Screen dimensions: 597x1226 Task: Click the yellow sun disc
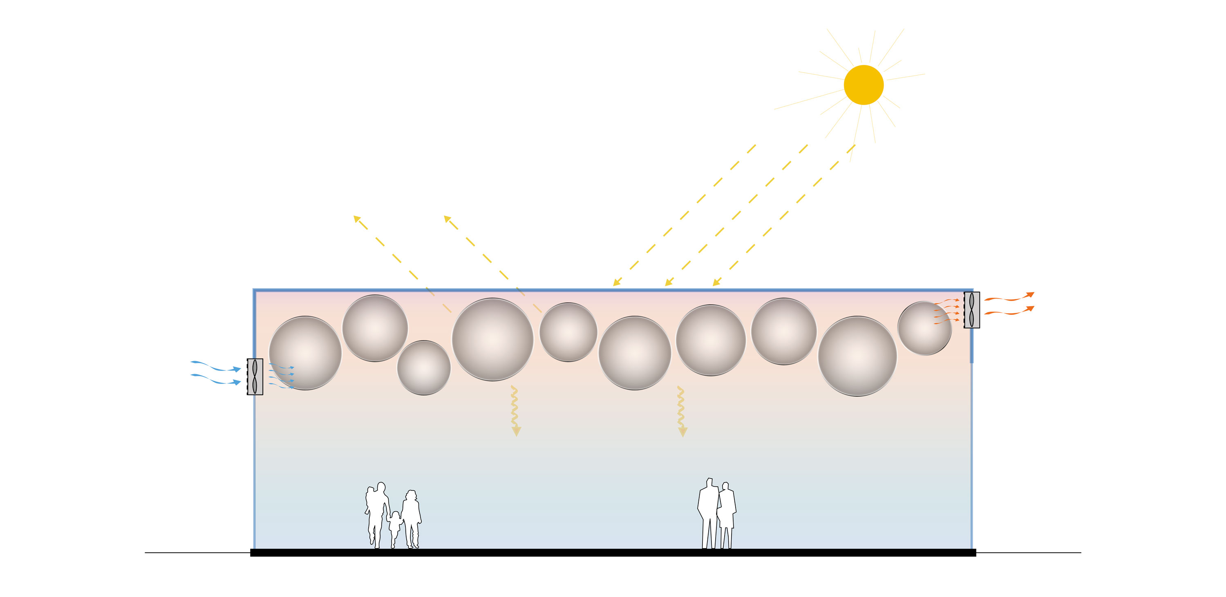pos(864,85)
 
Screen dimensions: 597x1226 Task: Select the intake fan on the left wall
pos(255,376)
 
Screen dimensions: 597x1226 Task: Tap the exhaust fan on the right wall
pos(971,310)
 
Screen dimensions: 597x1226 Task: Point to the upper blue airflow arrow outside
pos(217,366)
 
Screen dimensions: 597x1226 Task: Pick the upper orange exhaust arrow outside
pos(1009,297)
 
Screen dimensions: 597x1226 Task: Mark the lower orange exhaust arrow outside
pos(1009,311)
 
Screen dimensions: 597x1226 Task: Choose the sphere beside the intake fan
pos(305,353)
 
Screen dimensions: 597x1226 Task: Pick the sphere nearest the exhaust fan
pos(924,328)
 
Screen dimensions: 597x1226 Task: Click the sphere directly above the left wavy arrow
pos(492,339)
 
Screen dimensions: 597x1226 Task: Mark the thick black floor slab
pos(613,552)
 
